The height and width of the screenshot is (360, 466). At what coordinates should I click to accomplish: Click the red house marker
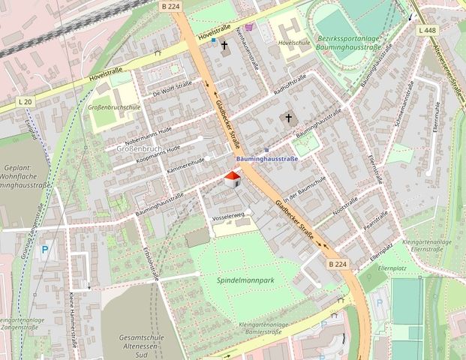[232, 179]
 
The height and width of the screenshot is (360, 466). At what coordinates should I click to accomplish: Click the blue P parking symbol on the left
[45, 250]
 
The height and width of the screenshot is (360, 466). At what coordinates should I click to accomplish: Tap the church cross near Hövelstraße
[224, 45]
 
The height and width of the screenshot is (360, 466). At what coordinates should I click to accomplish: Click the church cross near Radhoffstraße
[288, 118]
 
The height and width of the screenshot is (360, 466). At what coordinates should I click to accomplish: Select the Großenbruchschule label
[114, 107]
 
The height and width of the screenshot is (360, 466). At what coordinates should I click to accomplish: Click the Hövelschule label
[294, 43]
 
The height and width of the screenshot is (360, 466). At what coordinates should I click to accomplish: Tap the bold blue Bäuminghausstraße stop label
[267, 159]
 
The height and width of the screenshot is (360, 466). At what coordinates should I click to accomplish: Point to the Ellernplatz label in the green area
[409, 267]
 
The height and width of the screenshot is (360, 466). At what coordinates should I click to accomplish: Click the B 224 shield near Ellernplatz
[338, 264]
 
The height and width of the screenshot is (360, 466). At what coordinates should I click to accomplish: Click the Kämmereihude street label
[188, 165]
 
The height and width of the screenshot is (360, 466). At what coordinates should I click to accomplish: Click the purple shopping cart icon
[248, 27]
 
